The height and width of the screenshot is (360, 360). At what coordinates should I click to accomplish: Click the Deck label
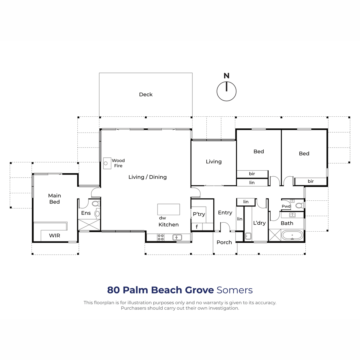[145, 94]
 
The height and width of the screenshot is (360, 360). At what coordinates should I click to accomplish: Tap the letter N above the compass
[226, 76]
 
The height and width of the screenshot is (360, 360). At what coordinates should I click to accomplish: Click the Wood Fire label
[118, 163]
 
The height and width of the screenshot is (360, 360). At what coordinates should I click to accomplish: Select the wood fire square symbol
[107, 163]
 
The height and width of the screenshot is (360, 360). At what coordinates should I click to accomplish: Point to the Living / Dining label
[147, 177]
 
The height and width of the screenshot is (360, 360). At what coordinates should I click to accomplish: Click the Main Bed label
[54, 199]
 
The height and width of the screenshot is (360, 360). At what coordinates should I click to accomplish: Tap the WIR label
[55, 235]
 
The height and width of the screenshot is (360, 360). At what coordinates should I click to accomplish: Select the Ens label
[86, 213]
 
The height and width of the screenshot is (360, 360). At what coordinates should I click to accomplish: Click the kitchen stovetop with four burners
[160, 237]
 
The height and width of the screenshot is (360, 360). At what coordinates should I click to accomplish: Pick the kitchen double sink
[177, 237]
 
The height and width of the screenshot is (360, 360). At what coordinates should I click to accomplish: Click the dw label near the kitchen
[162, 218]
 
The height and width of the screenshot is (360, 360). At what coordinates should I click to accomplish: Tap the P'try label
[199, 214]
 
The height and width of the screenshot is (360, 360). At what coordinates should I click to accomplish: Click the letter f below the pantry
[196, 227]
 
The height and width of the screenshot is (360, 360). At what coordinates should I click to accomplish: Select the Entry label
[225, 213]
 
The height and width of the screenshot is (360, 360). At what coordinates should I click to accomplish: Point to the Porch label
[224, 242]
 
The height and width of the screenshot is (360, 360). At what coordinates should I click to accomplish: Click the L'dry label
[259, 223]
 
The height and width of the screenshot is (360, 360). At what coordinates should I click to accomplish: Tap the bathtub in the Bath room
[292, 235]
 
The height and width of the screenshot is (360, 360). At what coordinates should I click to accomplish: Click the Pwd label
[286, 206]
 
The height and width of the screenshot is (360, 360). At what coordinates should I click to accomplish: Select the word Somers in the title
[235, 290]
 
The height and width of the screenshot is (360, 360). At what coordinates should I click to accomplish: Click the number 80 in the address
[113, 290]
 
